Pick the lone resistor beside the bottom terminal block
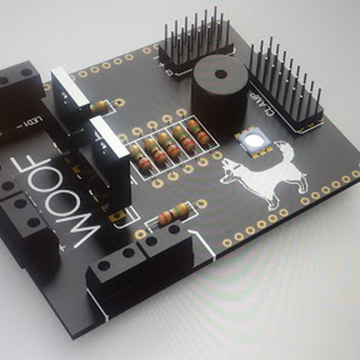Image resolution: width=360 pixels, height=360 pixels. (173, 214)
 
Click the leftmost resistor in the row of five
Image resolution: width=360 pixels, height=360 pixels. (140, 157)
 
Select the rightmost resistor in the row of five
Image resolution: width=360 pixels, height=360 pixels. (197, 133)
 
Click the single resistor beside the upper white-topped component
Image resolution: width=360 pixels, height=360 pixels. (100, 107)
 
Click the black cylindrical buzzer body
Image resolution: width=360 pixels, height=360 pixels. (220, 96)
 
